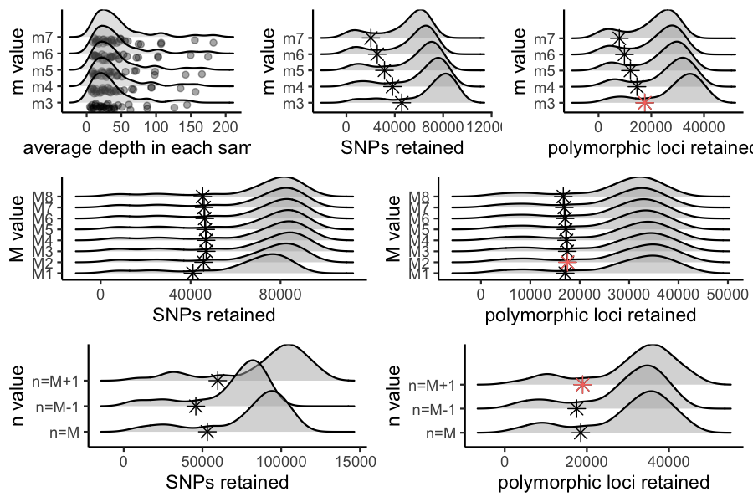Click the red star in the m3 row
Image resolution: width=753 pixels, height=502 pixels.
tap(644, 103)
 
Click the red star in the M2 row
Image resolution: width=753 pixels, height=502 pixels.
tap(566, 260)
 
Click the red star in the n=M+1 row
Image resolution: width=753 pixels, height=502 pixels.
tap(583, 384)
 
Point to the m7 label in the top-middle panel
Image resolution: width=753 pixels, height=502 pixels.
tap(293, 38)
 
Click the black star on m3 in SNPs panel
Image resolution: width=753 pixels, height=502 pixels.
tap(402, 103)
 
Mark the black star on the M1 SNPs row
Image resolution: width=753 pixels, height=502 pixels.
tap(193, 273)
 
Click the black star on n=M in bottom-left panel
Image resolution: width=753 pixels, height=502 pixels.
tap(207, 432)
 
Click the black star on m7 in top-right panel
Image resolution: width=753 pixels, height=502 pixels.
tap(618, 38)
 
